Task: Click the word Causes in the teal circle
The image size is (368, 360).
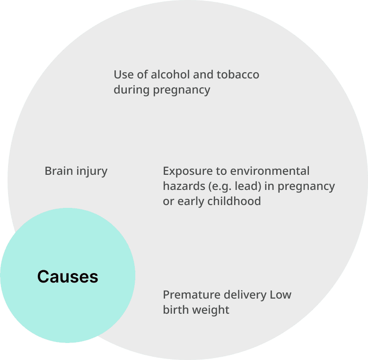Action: click(x=68, y=276)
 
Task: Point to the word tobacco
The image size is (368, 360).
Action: click(x=238, y=75)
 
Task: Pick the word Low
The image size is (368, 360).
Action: click(x=280, y=295)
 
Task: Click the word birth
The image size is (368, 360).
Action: click(x=175, y=310)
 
